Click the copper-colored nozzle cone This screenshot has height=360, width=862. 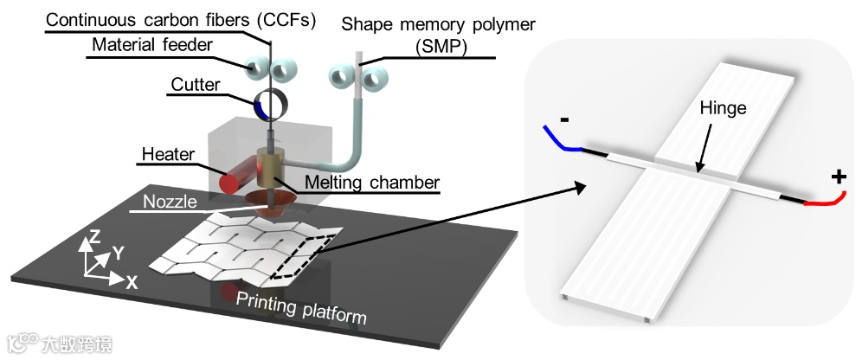(x=272, y=203)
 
